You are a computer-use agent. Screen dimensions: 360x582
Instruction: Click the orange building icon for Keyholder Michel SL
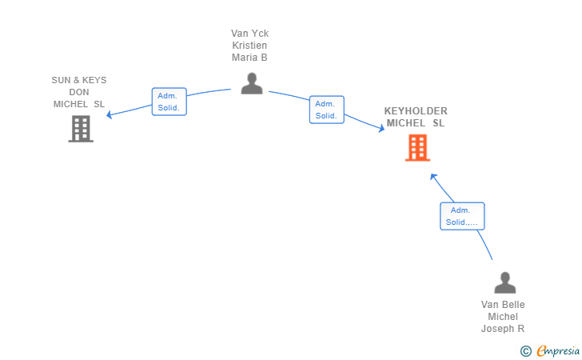click(x=417, y=147)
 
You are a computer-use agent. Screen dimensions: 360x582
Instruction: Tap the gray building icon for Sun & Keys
click(x=81, y=129)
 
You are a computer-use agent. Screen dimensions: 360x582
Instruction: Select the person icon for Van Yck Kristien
click(x=252, y=83)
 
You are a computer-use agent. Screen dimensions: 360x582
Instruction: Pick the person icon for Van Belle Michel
click(x=504, y=282)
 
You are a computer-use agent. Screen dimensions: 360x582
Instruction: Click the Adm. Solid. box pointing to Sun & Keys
click(x=169, y=102)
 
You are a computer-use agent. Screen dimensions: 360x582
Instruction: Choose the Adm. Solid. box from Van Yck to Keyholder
click(x=326, y=110)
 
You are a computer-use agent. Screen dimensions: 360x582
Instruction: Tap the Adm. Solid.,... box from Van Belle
click(x=462, y=216)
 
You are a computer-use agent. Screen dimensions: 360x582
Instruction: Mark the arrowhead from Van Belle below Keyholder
click(x=433, y=175)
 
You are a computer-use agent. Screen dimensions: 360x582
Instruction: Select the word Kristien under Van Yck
click(x=249, y=46)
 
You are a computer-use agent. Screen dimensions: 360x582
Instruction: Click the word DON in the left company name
click(x=79, y=92)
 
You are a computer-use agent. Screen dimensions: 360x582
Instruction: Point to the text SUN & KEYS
click(x=79, y=80)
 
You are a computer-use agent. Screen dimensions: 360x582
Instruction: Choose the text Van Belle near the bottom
click(x=503, y=304)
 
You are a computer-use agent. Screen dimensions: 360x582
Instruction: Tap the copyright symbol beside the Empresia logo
click(x=525, y=350)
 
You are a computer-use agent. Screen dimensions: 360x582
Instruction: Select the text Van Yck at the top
click(x=249, y=34)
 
